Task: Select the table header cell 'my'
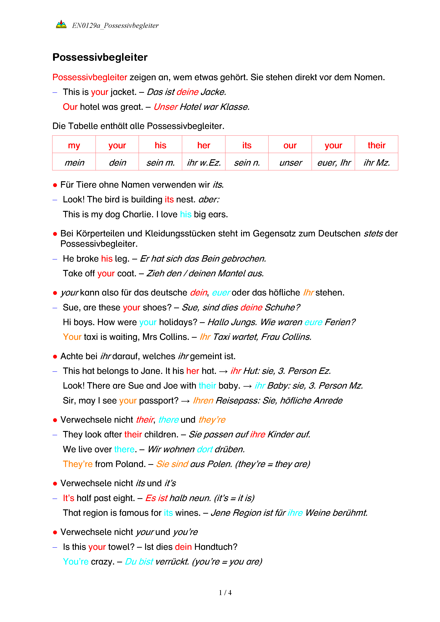coord(74,145)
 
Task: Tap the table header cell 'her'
coord(204,145)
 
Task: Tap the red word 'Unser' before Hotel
coord(165,107)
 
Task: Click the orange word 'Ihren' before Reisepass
coord(203,401)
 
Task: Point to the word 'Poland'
coord(130,464)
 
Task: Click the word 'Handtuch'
coord(216,547)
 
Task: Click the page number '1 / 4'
coord(225,593)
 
